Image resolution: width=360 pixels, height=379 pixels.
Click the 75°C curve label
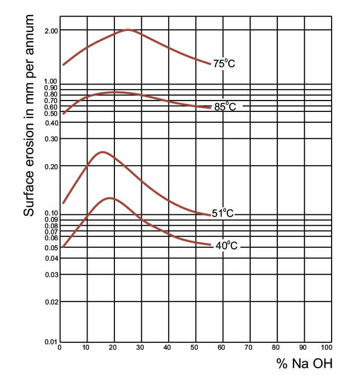224,64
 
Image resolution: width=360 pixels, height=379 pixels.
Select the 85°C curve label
225,106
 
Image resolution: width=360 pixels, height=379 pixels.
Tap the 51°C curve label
223,214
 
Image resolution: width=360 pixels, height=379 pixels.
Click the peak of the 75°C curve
128,30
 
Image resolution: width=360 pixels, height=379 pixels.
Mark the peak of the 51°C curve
102,152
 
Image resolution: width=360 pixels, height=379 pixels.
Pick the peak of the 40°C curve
108,198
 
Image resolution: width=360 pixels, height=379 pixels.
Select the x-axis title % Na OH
304,364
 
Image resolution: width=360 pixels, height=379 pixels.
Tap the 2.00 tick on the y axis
51,31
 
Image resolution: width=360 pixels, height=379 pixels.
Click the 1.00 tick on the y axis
51,81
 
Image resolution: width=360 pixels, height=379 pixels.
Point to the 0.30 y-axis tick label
51,139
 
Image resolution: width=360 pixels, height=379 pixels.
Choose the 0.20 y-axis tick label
51,167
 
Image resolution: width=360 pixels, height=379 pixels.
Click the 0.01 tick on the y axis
51,342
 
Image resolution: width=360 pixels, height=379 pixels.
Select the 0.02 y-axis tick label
51,302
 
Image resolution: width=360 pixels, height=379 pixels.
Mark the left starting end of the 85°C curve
63,114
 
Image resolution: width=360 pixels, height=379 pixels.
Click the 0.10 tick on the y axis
51,214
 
